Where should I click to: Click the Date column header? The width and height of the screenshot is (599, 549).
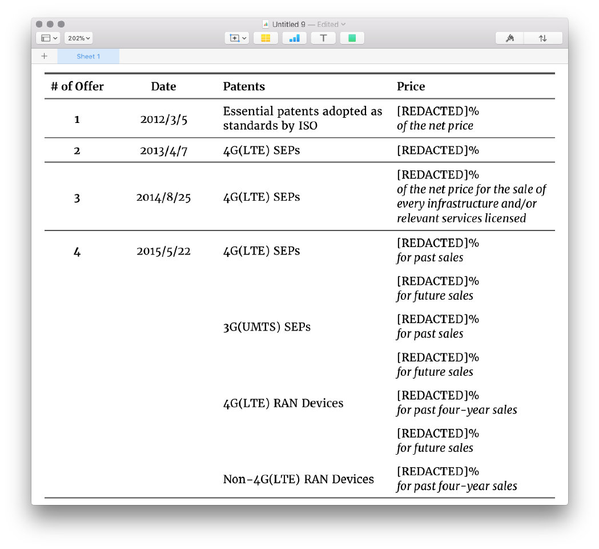pyautogui.click(x=163, y=86)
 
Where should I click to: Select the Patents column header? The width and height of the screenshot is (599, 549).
pyautogui.click(x=244, y=86)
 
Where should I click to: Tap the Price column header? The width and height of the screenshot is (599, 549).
pyautogui.click(x=411, y=86)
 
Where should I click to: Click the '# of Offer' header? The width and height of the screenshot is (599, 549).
pyautogui.click(x=77, y=86)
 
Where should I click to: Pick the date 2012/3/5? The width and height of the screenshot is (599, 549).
pyautogui.click(x=163, y=119)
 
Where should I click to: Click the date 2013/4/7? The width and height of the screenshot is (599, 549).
pyautogui.click(x=163, y=150)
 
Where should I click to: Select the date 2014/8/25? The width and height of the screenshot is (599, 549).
pyautogui.click(x=163, y=197)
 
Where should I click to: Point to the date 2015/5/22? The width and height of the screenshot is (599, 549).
pyautogui.click(x=163, y=251)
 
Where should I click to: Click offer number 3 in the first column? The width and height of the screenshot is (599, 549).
pyautogui.click(x=77, y=198)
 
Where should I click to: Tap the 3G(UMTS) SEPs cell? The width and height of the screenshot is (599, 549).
pyautogui.click(x=267, y=327)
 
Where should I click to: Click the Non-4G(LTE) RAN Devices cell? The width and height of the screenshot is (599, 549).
pyautogui.click(x=298, y=479)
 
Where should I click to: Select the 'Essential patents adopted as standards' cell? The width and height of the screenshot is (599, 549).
pyautogui.click(x=302, y=118)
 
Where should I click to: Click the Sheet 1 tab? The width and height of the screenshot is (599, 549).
pyautogui.click(x=88, y=56)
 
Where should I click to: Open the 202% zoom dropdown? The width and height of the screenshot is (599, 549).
pyautogui.click(x=79, y=38)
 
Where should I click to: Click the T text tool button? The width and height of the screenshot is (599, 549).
pyautogui.click(x=323, y=38)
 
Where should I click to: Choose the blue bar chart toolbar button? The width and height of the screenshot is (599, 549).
pyautogui.click(x=294, y=38)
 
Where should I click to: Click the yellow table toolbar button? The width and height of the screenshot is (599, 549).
pyautogui.click(x=266, y=38)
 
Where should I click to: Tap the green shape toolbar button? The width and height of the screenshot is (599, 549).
pyautogui.click(x=352, y=38)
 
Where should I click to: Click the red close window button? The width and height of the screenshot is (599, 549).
pyautogui.click(x=39, y=24)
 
